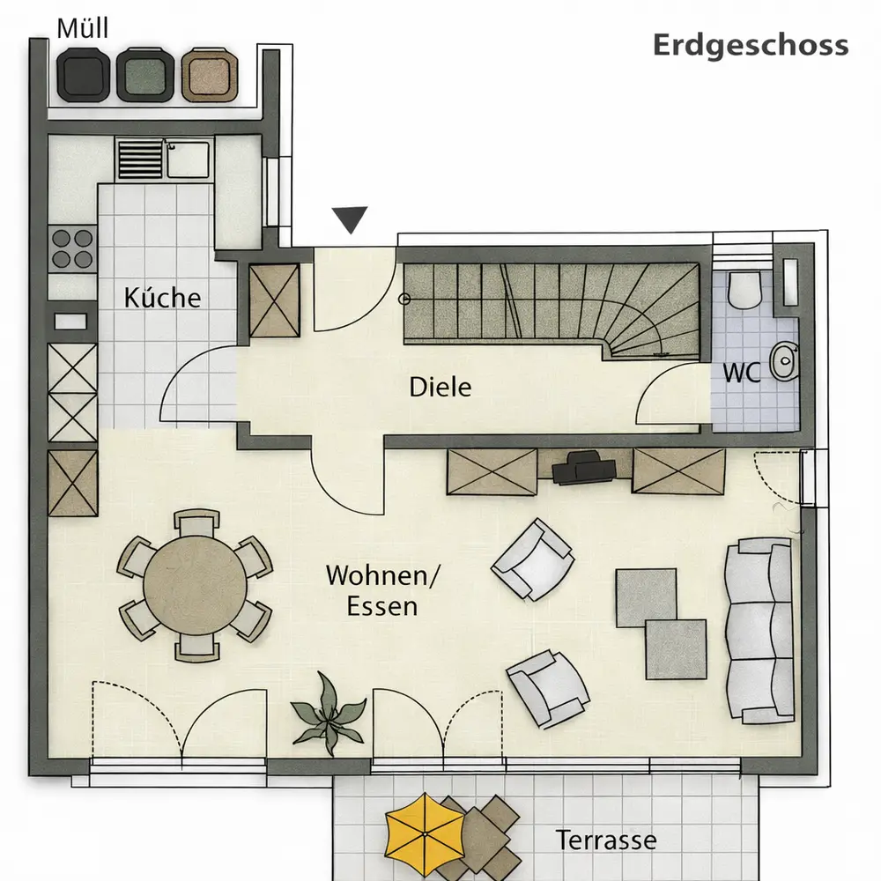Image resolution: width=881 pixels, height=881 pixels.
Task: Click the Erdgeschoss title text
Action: click(750, 46)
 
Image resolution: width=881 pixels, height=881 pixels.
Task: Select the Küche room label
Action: click(162, 297)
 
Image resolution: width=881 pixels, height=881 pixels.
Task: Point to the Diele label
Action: click(440, 387)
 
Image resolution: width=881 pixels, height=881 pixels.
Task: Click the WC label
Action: click(742, 373)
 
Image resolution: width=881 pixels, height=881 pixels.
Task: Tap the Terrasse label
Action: click(606, 840)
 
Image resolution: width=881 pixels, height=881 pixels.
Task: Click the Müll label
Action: click(83, 29)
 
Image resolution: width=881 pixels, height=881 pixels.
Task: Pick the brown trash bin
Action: click(210, 75)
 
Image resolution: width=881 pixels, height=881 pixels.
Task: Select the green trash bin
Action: click(145, 75)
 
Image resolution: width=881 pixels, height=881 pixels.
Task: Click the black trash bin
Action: click(85, 75)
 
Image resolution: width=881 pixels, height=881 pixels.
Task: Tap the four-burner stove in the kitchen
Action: click(72, 249)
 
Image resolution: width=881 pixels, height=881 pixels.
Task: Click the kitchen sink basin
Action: click(189, 159)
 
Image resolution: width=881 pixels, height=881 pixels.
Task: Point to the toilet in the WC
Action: click(744, 290)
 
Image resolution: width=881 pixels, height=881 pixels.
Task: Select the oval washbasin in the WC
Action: click(784, 361)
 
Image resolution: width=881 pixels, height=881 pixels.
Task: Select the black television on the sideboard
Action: click(584, 469)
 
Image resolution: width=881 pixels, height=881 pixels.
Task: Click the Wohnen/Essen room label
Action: click(382, 590)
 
